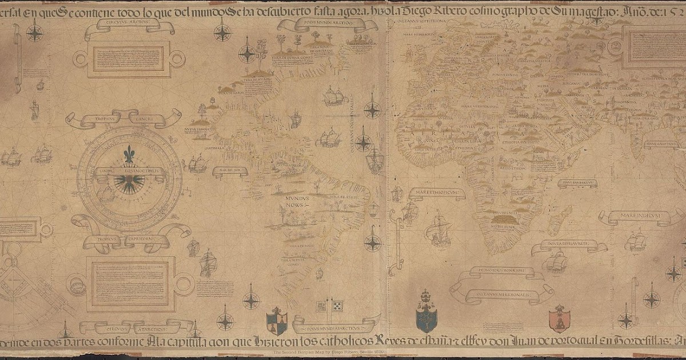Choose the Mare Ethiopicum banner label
(436, 191)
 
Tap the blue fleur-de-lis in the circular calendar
(130, 154)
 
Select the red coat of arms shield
(559, 318)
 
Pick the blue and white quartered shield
(277, 321)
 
